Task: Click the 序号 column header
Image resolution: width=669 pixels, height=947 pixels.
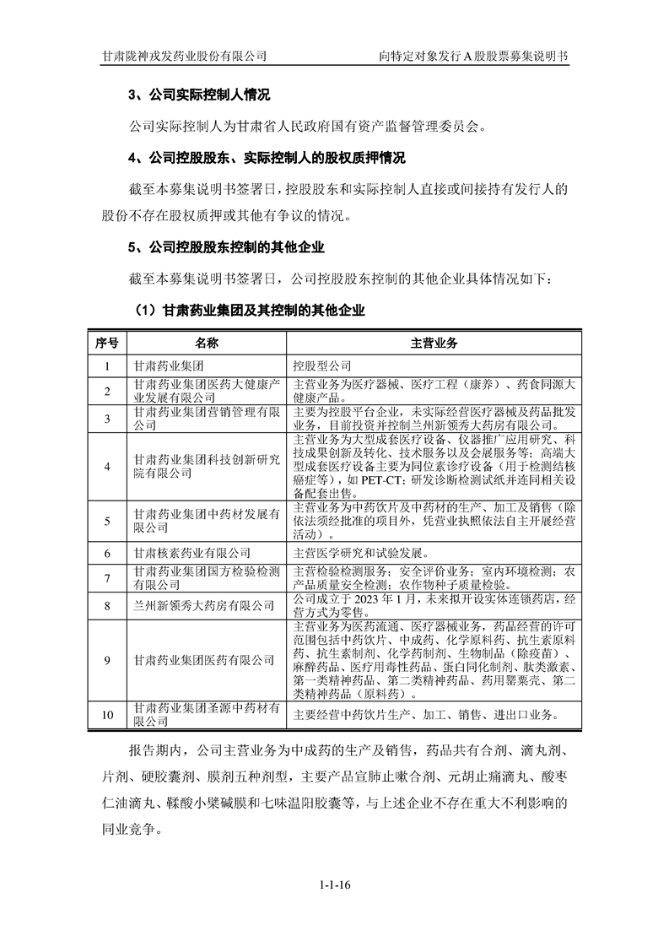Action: coord(107,344)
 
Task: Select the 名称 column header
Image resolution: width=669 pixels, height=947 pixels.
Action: coord(207,344)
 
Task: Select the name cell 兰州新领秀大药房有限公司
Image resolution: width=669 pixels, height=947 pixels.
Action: coord(203,605)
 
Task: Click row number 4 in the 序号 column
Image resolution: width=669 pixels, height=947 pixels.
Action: coord(107,467)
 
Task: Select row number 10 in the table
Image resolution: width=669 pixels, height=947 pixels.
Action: coord(107,715)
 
